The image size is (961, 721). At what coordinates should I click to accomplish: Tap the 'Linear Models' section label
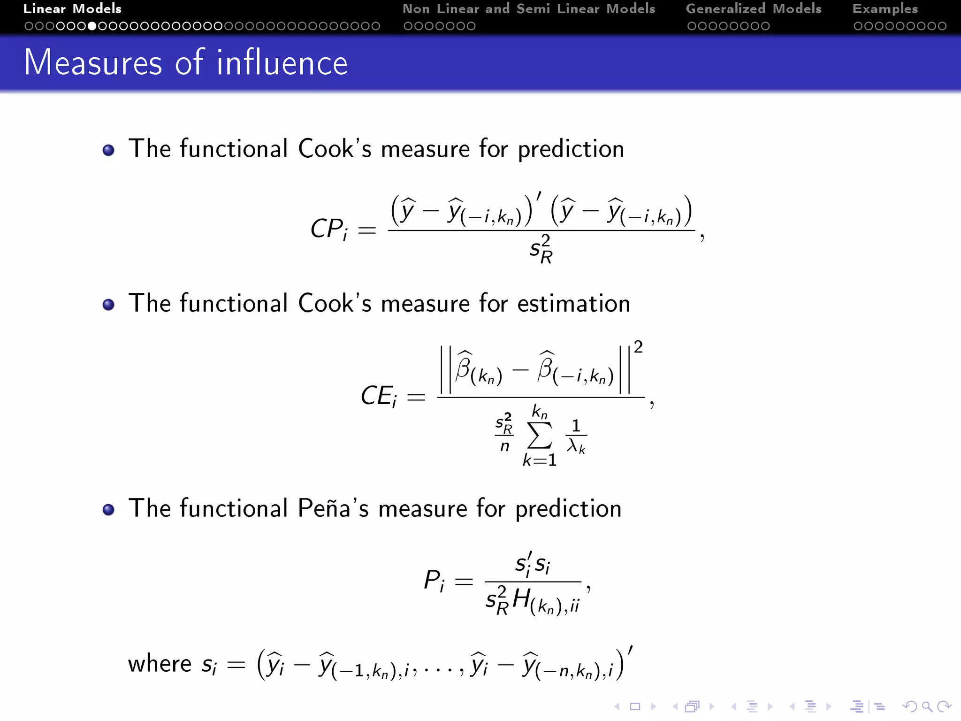point(72,9)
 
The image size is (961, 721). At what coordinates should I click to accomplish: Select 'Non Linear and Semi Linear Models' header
point(528,9)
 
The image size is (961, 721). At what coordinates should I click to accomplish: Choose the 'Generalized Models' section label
point(753,9)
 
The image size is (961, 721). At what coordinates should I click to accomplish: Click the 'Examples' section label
point(885,9)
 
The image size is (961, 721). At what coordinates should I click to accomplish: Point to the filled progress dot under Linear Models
point(92,26)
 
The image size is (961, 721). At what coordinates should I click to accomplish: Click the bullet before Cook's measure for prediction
point(108,150)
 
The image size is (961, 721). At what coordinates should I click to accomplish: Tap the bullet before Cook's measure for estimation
point(108,305)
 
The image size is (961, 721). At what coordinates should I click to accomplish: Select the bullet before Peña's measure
point(108,510)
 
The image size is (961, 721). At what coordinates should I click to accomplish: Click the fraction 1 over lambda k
point(576,437)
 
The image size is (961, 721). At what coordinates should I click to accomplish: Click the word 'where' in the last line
point(160,664)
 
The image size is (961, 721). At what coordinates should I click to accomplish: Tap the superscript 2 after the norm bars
point(638,347)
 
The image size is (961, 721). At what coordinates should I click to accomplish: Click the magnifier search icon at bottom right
point(927,706)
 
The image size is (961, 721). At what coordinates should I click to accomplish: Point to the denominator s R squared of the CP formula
point(541,249)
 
